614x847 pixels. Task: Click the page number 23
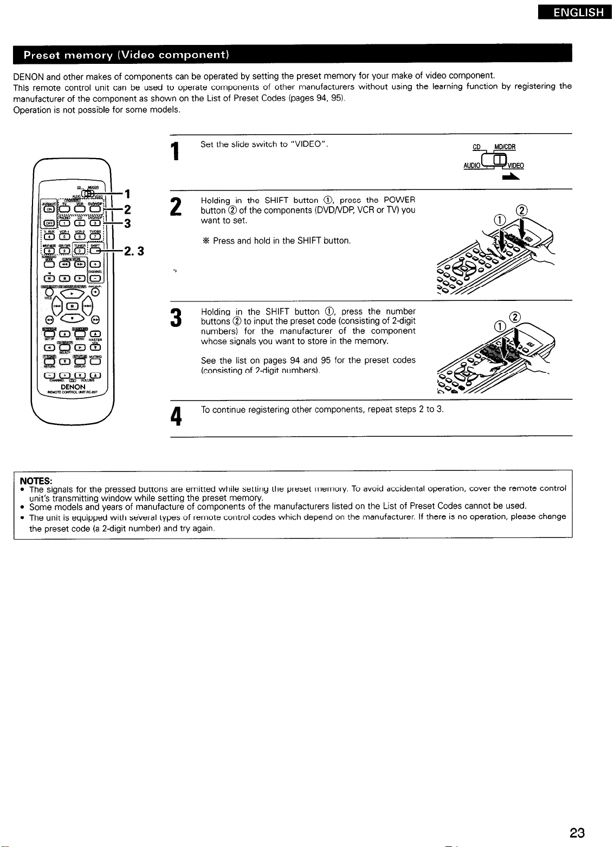[577, 833]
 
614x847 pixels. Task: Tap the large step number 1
[175, 149]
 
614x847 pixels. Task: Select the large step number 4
[175, 417]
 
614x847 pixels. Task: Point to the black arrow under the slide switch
[511, 177]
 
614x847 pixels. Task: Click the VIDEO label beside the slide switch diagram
[515, 166]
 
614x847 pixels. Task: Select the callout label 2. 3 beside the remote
[133, 251]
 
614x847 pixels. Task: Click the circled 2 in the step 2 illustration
[523, 211]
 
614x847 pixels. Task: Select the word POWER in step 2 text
[399, 201]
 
